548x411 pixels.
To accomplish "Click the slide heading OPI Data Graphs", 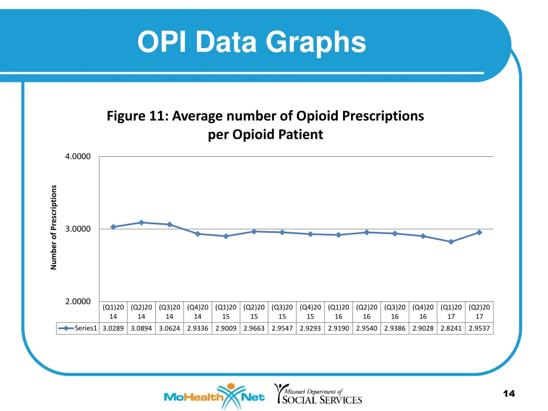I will (x=252, y=42).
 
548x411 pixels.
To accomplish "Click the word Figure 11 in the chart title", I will (x=137, y=116).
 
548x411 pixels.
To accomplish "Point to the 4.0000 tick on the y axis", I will (x=78, y=156).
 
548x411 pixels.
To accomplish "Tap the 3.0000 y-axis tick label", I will (x=78, y=229).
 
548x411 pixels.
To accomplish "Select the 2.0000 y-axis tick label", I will (x=78, y=302).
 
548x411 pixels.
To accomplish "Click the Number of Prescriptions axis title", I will (x=54, y=227).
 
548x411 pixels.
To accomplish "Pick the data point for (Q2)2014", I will (x=141, y=223).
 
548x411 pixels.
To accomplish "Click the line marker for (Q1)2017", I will (x=451, y=242).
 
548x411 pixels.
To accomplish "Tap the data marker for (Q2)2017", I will (x=479, y=232).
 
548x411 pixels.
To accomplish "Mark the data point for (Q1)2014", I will (x=113, y=227).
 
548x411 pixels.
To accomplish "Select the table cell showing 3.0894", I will (x=141, y=329).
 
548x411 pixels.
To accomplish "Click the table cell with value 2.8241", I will (x=451, y=329).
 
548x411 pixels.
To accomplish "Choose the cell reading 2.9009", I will (x=226, y=329).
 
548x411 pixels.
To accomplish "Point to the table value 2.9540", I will (x=367, y=329).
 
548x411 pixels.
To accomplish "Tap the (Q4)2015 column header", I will (x=310, y=311).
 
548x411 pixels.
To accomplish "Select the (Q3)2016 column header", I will (x=395, y=311).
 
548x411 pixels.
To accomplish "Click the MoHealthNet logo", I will (x=214, y=397).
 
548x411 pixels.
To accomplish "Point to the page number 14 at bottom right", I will (x=509, y=394).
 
